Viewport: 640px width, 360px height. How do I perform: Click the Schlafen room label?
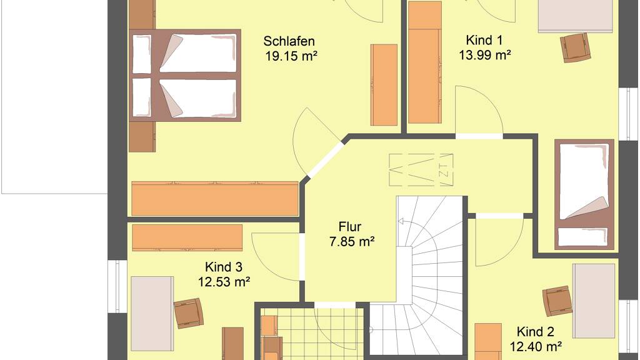289,41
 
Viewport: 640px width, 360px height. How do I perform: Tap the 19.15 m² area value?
291,56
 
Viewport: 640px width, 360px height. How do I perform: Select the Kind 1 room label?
484,41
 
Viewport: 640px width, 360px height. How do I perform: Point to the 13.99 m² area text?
485,55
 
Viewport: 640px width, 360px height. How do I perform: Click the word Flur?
350,227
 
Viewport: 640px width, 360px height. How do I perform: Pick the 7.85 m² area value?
352,242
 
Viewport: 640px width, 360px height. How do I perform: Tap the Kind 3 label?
223,267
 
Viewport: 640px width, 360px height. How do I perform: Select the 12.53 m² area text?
224,282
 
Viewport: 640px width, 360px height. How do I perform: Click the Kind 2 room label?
535,332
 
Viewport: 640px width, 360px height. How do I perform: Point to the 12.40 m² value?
536,346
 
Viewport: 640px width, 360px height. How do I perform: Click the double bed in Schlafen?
185,76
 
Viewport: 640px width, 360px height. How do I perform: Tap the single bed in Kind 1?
584,195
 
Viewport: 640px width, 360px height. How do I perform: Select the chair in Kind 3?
189,313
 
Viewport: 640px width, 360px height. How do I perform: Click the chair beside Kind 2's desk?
557,301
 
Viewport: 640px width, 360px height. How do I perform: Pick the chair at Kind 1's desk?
576,47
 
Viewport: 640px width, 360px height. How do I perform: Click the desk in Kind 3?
152,314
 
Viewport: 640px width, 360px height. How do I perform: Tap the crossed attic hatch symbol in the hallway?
421,170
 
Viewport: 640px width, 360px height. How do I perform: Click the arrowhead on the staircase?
401,222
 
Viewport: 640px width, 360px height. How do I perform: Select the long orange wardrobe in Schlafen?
215,199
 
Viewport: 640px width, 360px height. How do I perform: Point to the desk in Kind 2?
594,301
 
